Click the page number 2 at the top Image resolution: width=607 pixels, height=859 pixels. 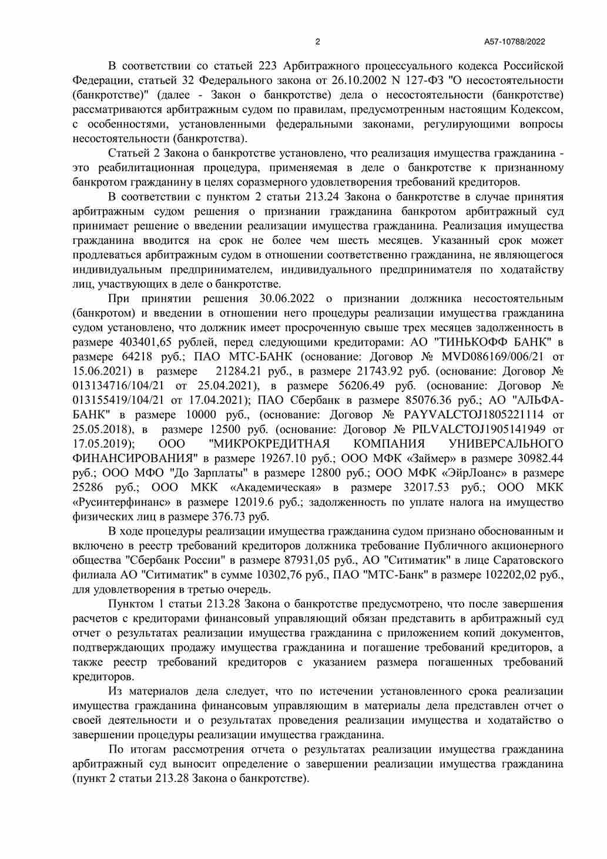pyautogui.click(x=318, y=42)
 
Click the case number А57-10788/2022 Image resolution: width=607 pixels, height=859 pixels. pyautogui.click(x=515, y=42)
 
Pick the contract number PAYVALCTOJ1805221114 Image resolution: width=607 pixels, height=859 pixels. pyautogui.click(x=474, y=415)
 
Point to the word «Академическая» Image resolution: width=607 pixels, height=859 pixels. pyautogui.click(x=276, y=488)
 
